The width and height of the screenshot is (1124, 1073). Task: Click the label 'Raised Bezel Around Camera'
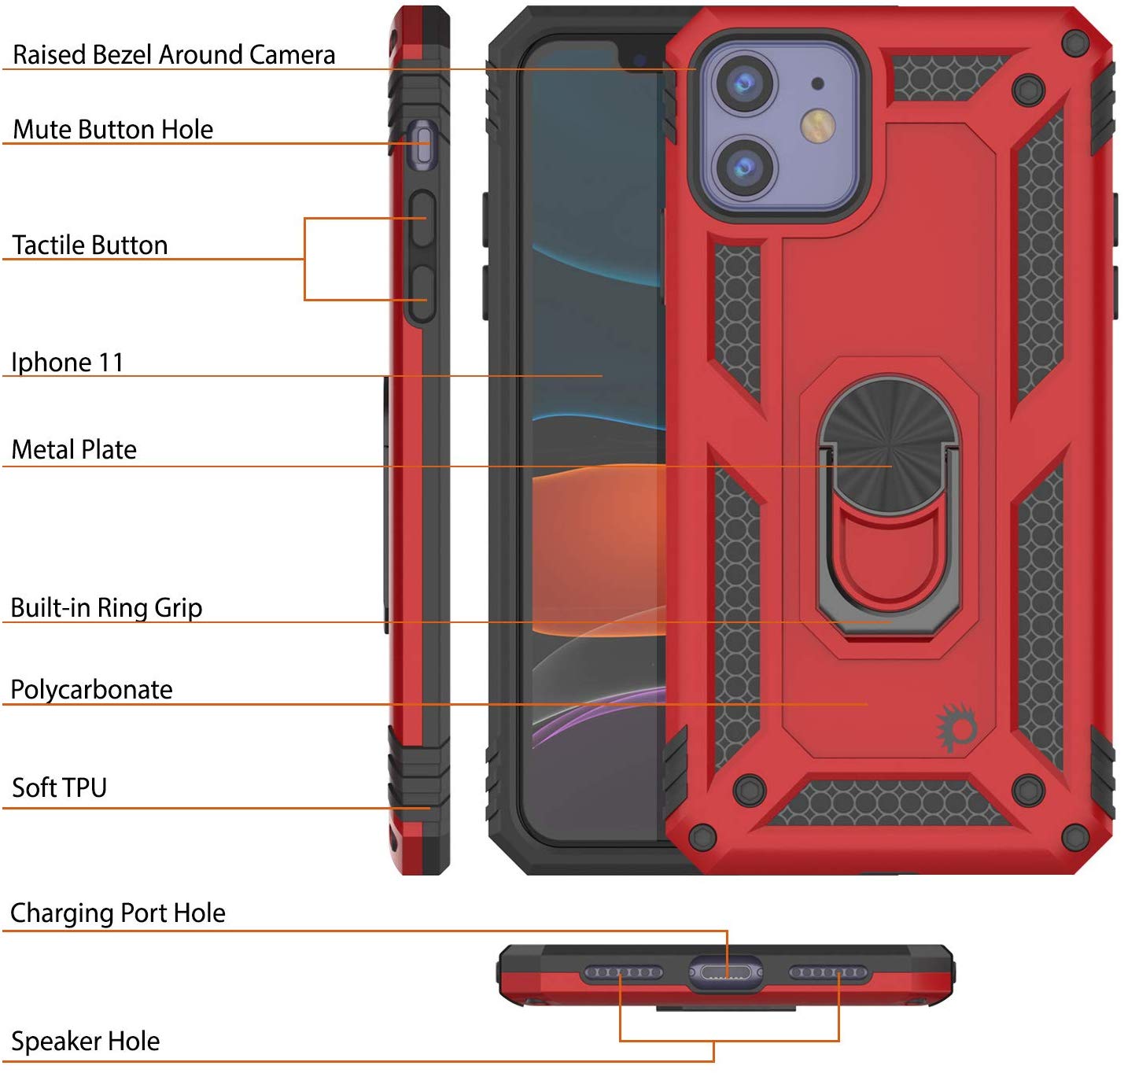point(174,54)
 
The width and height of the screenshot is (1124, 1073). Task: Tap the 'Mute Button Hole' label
point(113,129)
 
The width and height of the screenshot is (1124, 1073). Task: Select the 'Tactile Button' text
point(90,245)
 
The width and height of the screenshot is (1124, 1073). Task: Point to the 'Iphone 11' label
point(68,362)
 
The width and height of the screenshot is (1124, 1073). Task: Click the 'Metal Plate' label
point(74,449)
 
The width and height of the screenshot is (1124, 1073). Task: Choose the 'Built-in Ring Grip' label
point(106,607)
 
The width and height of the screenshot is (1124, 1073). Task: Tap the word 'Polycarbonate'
point(91,689)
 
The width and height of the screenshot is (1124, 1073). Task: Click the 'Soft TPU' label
point(59,787)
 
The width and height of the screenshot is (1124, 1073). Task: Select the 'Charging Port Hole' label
point(118,913)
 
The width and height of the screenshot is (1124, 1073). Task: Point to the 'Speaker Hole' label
point(85,1041)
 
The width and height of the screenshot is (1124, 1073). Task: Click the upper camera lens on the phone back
point(743,82)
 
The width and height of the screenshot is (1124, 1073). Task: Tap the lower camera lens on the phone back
point(743,166)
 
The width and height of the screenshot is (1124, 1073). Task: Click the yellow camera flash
point(818,125)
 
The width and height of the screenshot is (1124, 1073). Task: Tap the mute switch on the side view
point(424,146)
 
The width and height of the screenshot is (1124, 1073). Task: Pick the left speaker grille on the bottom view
point(622,973)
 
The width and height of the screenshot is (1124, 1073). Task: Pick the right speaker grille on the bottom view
point(828,973)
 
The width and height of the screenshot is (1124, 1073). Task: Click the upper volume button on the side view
point(423,219)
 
